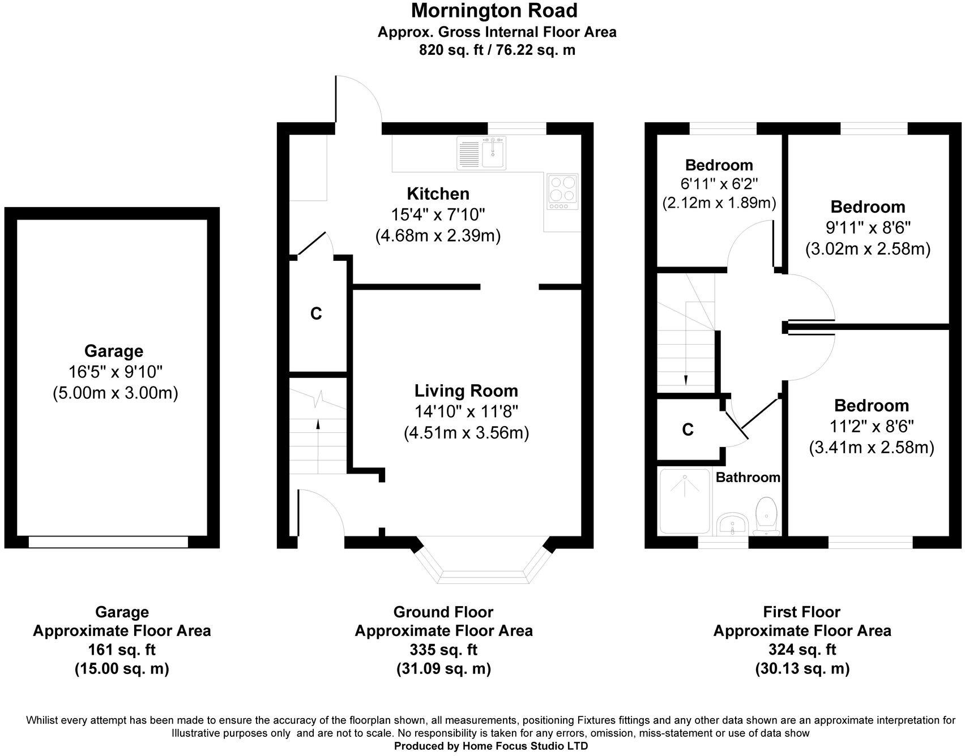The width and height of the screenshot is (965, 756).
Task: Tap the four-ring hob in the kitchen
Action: [563, 189]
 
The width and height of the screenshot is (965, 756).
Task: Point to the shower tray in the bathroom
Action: [685, 501]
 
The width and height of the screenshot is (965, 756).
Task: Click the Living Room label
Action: [466, 391]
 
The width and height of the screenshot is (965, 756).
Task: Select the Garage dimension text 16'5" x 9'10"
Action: [116, 372]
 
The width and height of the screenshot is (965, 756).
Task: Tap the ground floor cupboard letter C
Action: [316, 313]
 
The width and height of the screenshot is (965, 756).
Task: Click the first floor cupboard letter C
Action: [688, 430]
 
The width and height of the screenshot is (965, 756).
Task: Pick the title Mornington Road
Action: [494, 11]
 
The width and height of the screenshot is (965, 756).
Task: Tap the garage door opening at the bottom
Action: [108, 542]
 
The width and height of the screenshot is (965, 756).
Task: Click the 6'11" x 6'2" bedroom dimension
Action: [719, 184]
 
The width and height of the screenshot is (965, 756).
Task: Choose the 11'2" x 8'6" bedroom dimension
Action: [871, 426]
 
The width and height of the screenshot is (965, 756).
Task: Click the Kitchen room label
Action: [438, 194]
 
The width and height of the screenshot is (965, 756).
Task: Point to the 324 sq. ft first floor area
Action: [802, 650]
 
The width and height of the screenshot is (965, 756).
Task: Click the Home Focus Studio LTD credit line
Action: [490, 746]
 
